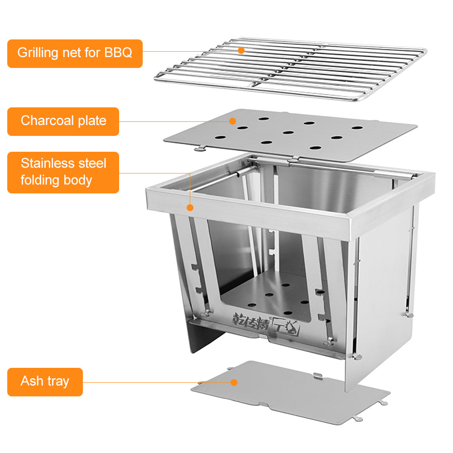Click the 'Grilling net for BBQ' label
point(75,53)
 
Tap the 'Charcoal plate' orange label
point(63,121)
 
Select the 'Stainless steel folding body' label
point(63,172)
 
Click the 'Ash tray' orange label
point(45,382)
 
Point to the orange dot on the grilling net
point(241,50)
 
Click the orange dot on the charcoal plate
point(232,121)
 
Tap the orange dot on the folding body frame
point(190,207)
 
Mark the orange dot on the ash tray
point(234,382)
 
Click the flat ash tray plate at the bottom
point(290,392)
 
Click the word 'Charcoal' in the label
point(47,121)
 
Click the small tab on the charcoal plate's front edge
point(199,148)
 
